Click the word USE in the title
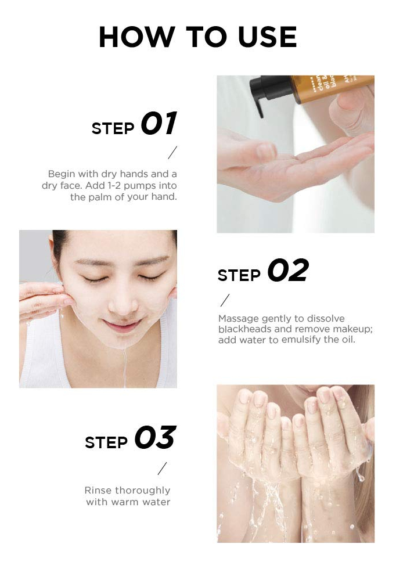[268, 37]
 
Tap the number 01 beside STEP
[159, 123]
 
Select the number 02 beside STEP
[288, 271]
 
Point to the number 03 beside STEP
[156, 437]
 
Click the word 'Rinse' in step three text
[96, 490]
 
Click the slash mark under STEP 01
[173, 152]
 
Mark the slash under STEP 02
[225, 300]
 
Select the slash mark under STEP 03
[162, 469]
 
